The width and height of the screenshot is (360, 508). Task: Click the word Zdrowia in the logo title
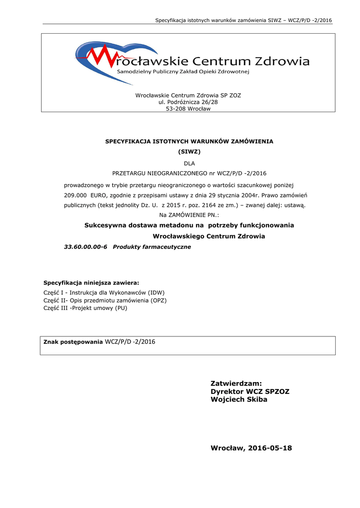[282, 62]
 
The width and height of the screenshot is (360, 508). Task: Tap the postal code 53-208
[176, 109]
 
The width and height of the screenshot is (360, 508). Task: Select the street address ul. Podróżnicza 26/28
[188, 102]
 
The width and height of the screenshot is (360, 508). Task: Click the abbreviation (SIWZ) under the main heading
[189, 151]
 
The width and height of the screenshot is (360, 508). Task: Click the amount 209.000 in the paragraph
[75, 195]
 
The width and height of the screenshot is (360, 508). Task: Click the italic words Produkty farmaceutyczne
[152, 247]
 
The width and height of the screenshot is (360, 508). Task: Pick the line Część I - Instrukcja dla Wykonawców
[104, 293]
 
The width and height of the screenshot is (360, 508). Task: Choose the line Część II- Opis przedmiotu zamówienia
[105, 300]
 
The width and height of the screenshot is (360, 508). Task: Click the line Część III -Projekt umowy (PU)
[92, 308]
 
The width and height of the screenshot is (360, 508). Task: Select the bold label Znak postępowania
[73, 342]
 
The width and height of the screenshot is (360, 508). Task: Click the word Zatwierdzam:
[236, 383]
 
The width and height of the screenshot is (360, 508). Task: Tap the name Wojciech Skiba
[239, 399]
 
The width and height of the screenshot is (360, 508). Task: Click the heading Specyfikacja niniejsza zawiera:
[91, 282]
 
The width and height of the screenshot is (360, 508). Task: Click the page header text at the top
[243, 20]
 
